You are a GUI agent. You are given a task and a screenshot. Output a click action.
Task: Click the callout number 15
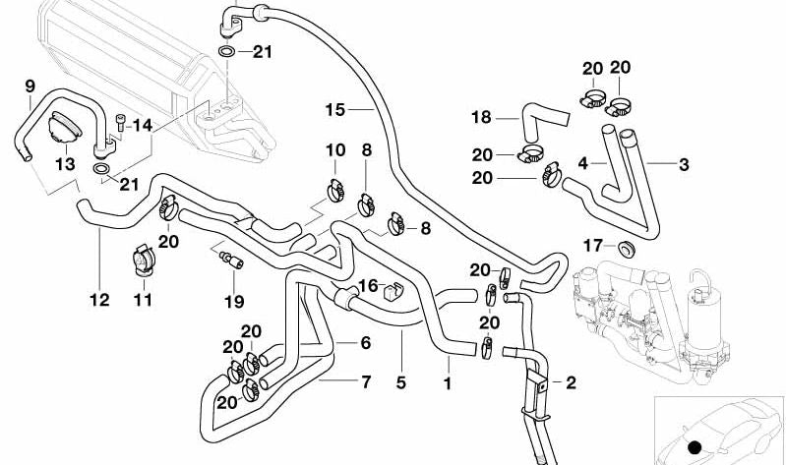click(x=336, y=108)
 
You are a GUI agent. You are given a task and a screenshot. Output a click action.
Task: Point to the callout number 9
click(x=29, y=85)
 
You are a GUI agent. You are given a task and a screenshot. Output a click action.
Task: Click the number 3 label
click(x=683, y=163)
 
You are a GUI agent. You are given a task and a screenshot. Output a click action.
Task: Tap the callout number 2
click(x=570, y=381)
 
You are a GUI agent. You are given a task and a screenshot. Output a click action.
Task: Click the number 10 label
click(x=335, y=150)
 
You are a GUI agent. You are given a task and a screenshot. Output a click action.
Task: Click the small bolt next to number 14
click(x=120, y=123)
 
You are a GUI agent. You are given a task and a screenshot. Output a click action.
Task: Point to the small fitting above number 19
click(x=230, y=260)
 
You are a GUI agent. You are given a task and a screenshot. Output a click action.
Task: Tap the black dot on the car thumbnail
click(x=695, y=447)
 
